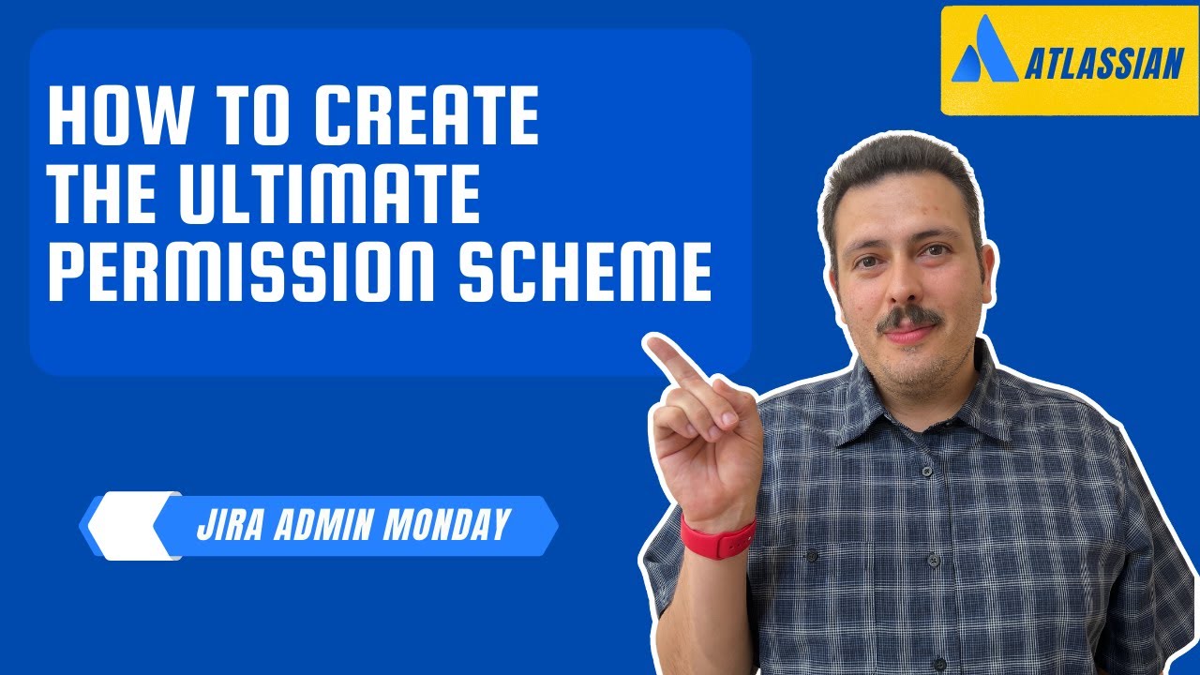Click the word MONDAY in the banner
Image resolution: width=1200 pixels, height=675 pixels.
click(x=447, y=525)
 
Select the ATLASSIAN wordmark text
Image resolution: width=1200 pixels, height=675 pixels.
click(x=1103, y=66)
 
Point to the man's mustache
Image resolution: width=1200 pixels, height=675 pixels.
click(x=907, y=319)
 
